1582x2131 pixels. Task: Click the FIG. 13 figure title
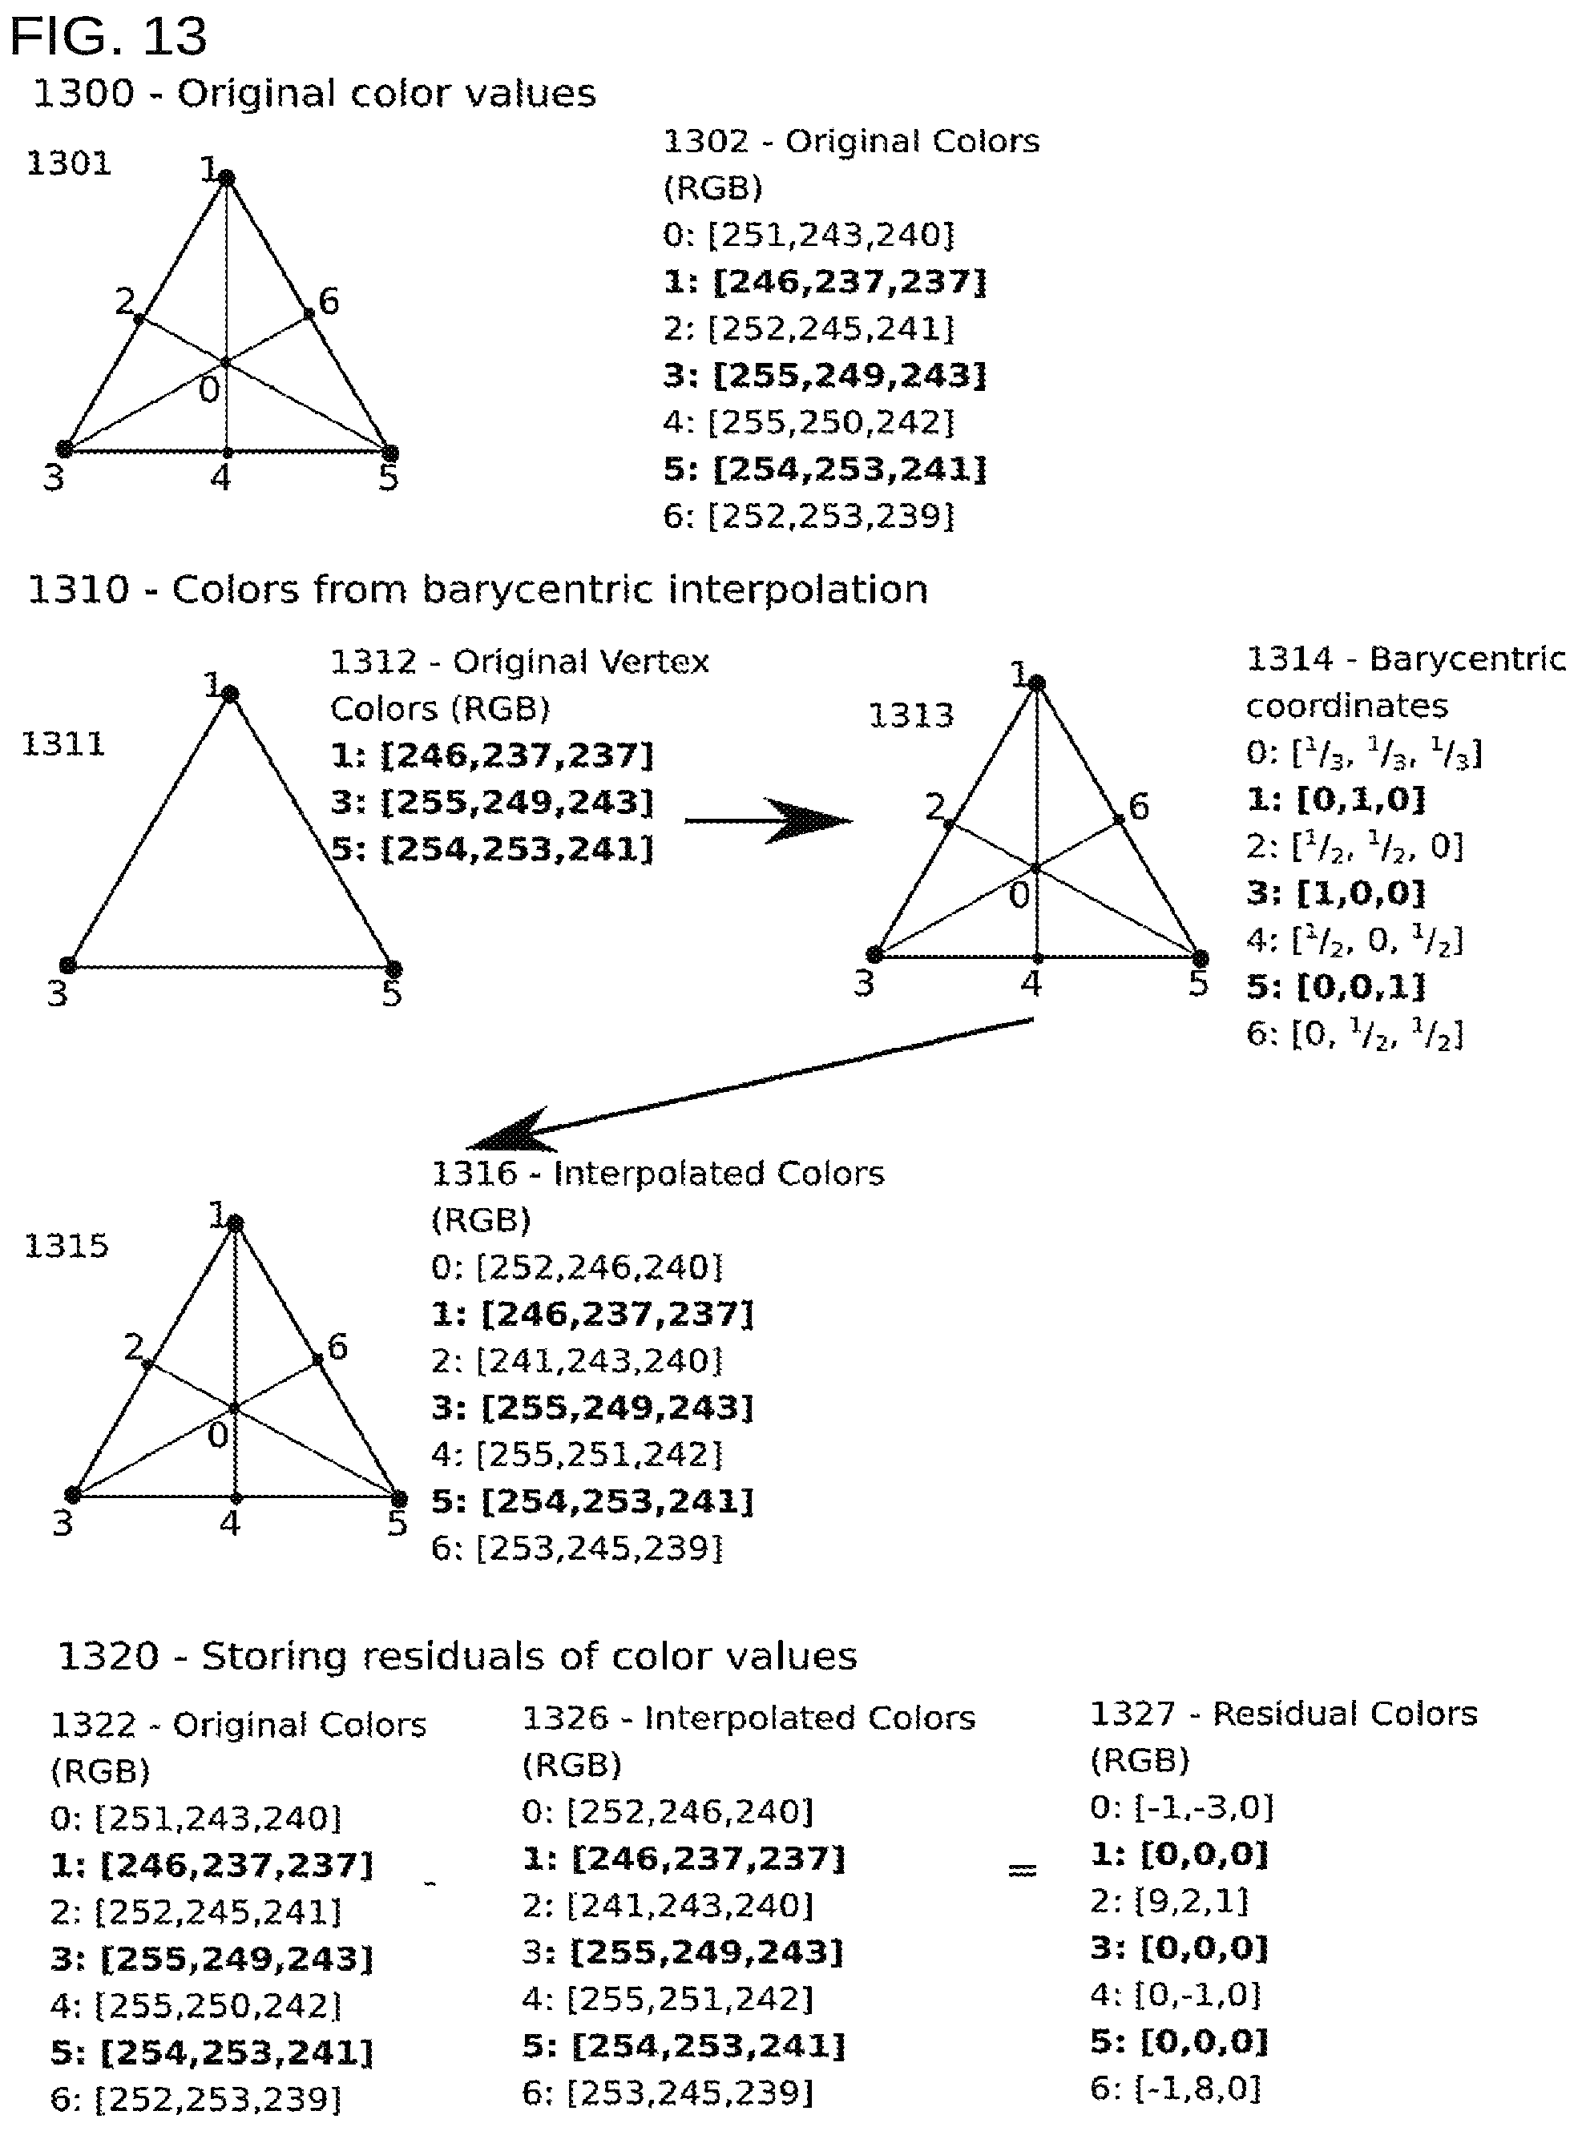[108, 36]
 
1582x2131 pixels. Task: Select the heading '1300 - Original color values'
[314, 94]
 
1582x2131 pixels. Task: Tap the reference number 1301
[68, 163]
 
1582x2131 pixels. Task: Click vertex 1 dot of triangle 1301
[227, 178]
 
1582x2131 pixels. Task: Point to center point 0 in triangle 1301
[226, 362]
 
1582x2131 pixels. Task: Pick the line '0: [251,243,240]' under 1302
[809, 236]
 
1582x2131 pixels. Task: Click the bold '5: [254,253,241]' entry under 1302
[825, 469]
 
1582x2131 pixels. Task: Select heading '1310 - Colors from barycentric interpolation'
[478, 590]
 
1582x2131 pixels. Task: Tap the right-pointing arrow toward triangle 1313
[768, 821]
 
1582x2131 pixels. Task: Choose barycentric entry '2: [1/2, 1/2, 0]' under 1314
[1354, 846]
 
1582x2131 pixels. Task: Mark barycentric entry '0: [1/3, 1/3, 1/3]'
[1364, 753]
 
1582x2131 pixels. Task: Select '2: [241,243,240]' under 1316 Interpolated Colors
[576, 1360]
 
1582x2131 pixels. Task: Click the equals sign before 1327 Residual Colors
[1022, 1870]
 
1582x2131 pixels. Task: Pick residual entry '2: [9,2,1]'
[1169, 1901]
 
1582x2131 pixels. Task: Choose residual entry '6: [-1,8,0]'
[1176, 2089]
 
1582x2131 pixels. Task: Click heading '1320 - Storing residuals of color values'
[458, 1657]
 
